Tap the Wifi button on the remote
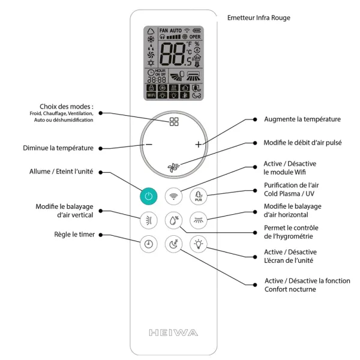tap(174, 196)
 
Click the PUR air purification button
tap(199, 196)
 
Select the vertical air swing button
tap(148, 220)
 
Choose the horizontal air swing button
tap(199, 220)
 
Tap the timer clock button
tap(148, 244)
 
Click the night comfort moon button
tap(174, 244)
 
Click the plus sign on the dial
tap(199, 145)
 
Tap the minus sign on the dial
tap(149, 145)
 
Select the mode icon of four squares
tap(174, 122)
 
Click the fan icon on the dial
tap(174, 168)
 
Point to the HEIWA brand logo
tap(173, 332)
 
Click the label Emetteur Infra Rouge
tap(259, 18)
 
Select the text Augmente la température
tap(302, 119)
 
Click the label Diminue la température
tap(58, 148)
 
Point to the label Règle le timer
tap(74, 235)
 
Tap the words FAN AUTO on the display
tap(170, 30)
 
